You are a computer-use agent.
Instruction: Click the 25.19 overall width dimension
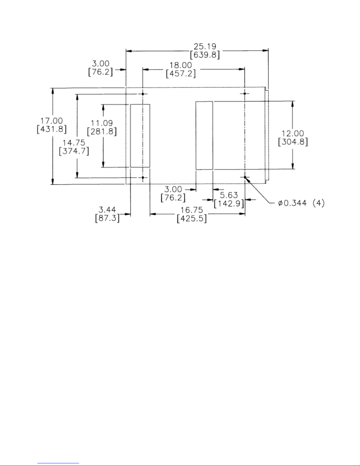[x=205, y=46]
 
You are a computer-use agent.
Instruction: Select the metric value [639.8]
[x=205, y=55]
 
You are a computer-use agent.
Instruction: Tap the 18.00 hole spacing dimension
[x=181, y=65]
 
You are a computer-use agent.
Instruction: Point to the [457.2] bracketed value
[x=181, y=74]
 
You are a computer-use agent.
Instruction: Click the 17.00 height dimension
[x=51, y=121]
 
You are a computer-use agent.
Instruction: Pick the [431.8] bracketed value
[x=52, y=129]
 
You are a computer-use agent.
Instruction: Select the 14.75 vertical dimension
[x=74, y=143]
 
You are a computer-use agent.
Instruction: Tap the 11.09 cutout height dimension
[x=102, y=123]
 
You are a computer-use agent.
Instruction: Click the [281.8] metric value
[x=102, y=131]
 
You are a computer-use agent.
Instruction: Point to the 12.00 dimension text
[x=293, y=133]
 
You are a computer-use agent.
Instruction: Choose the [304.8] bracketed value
[x=293, y=142]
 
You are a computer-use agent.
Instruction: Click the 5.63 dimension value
[x=229, y=195]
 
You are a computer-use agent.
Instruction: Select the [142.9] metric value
[x=229, y=203]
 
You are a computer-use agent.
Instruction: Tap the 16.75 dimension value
[x=192, y=210]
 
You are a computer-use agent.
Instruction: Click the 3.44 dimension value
[x=107, y=210]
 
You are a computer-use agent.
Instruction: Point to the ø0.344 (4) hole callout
[x=301, y=203]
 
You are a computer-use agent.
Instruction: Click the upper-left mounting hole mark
[x=143, y=94]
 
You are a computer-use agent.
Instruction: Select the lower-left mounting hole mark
[x=143, y=178]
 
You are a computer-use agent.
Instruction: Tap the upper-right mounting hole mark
[x=245, y=94]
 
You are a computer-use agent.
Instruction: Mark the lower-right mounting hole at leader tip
[x=245, y=177]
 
